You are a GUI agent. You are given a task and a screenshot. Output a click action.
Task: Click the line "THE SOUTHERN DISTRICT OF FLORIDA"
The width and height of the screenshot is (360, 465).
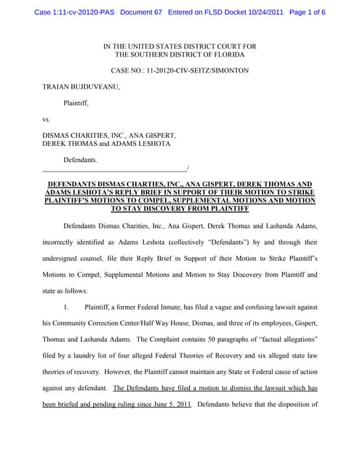[x=180, y=55]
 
